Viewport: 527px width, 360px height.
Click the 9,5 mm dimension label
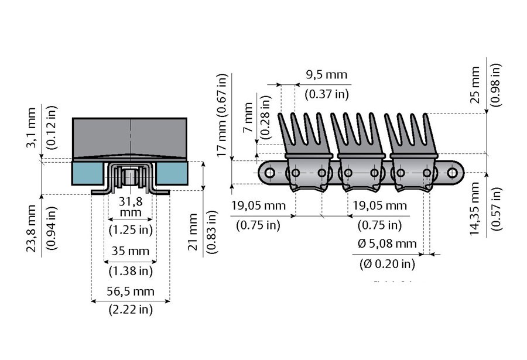tap(326, 75)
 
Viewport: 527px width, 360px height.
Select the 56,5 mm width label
tap(131, 292)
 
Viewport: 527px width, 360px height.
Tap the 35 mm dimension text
tap(131, 252)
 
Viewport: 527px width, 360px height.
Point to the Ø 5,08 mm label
tap(387, 244)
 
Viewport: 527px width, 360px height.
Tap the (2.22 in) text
tap(131, 310)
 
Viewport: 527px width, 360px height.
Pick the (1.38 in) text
tap(131, 271)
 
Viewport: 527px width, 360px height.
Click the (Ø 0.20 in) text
tap(387, 264)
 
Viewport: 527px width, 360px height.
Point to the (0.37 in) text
tap(326, 94)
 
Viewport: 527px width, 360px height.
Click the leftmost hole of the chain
tap(269, 173)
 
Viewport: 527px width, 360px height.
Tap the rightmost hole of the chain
tap(453, 173)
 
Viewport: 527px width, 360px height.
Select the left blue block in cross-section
tap(87, 173)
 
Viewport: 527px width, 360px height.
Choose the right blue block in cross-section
tap(173, 173)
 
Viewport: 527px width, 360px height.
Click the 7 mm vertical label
tap(248, 119)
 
